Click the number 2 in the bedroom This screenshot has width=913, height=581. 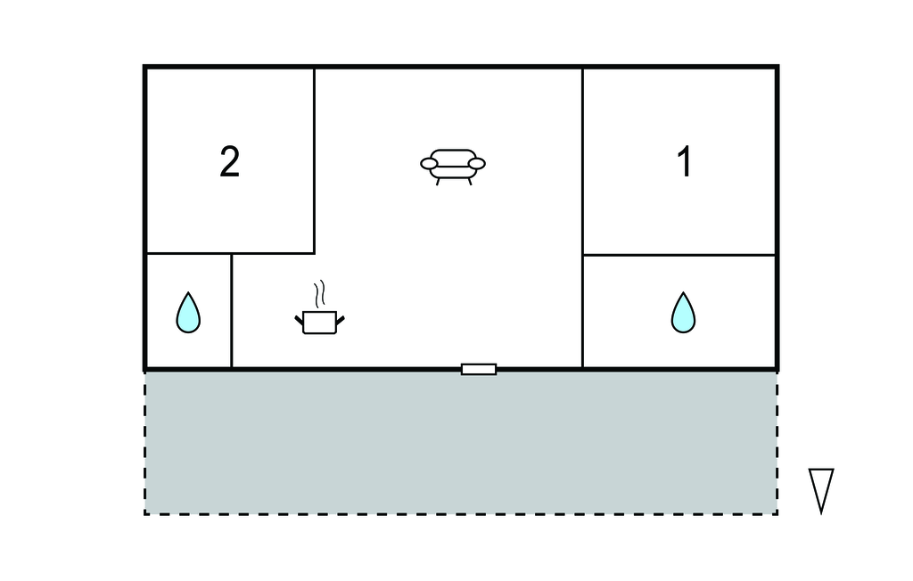click(x=230, y=161)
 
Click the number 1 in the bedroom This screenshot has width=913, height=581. click(x=685, y=161)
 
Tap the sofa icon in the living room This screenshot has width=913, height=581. click(x=453, y=167)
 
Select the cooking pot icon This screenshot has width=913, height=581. click(x=320, y=323)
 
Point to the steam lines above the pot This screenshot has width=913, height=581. click(x=319, y=295)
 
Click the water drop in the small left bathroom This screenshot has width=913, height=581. click(x=188, y=313)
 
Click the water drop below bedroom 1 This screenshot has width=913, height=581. click(x=683, y=313)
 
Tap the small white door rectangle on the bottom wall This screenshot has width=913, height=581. click(x=479, y=369)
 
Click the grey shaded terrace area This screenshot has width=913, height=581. click(x=461, y=444)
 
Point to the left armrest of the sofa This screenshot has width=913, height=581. click(x=430, y=164)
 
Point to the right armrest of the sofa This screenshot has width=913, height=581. click(x=477, y=164)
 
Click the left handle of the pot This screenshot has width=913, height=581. click(x=300, y=320)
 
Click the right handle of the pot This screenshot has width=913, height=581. click(x=340, y=320)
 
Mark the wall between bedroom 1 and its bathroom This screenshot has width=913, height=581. click(x=679, y=255)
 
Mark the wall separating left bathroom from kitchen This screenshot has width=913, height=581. click(x=231, y=311)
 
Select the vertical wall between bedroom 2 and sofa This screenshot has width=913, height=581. click(x=315, y=160)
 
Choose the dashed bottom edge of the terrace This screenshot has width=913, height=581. click(x=461, y=514)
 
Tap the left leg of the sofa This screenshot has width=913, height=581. click(x=438, y=182)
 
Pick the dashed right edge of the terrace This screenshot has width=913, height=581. click(x=777, y=444)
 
